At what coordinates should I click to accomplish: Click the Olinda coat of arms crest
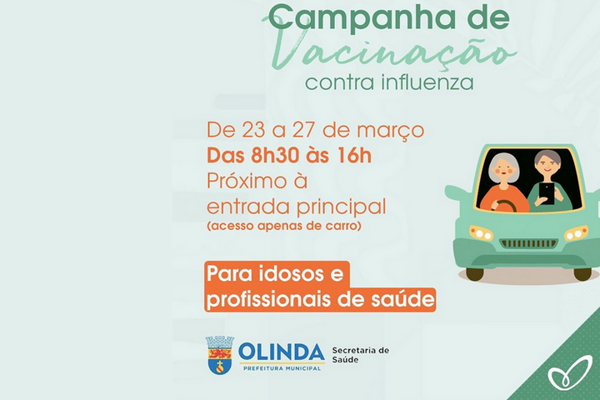point(219,354)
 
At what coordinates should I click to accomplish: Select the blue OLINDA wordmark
point(282,350)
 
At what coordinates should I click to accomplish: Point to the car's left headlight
point(481,233)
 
